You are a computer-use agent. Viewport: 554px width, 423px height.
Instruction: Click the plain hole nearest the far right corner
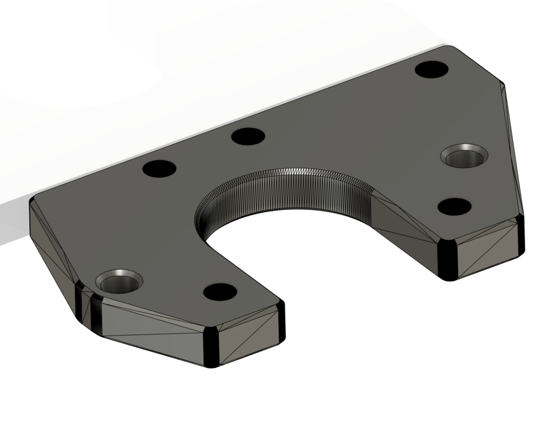click(432, 70)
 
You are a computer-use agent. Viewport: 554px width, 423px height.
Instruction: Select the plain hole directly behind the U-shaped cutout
click(248, 136)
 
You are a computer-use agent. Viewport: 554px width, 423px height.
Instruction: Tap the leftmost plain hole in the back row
click(160, 168)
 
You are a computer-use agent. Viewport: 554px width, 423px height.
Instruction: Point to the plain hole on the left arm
click(220, 292)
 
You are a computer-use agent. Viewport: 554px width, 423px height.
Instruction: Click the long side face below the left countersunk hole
click(151, 330)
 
